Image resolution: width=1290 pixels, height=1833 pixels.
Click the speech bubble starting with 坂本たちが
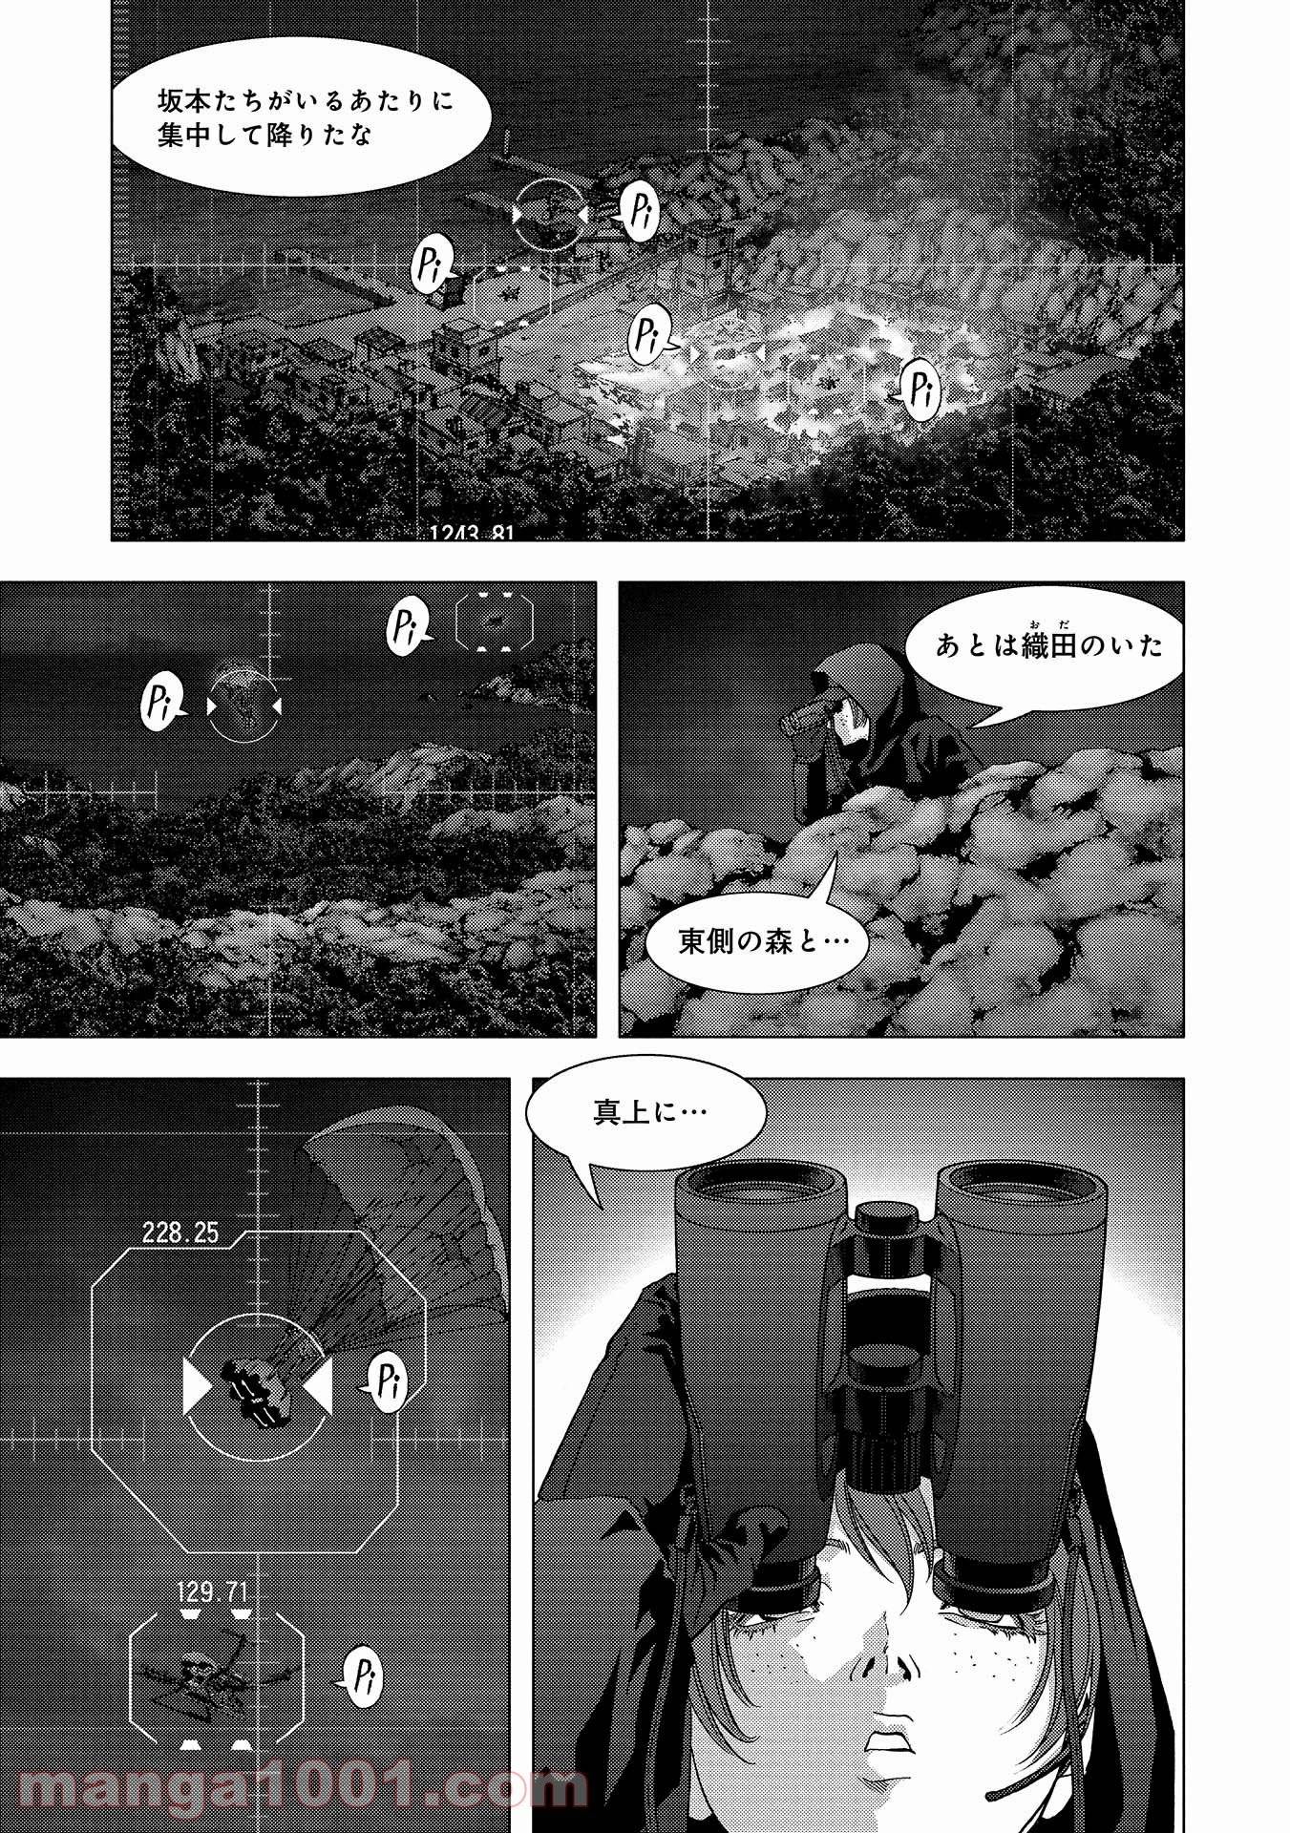click(302, 119)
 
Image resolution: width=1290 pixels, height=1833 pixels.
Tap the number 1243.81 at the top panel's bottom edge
click(472, 533)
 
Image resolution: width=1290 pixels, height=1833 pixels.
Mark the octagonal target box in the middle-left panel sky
click(494, 622)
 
